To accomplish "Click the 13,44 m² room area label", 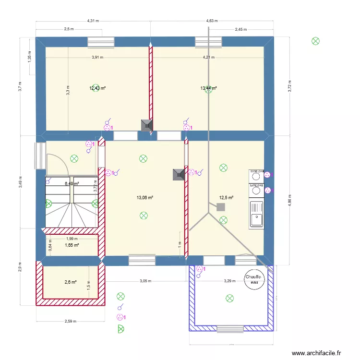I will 208,88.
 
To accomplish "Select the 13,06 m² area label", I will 145,197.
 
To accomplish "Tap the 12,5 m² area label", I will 226,197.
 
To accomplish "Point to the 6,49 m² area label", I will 72,183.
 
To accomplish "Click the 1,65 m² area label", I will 72,245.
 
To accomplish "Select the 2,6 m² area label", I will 71,282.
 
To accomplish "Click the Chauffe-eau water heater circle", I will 253,280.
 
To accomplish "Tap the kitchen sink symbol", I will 257,214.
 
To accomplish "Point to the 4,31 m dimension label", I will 93,21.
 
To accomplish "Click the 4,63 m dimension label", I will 212,21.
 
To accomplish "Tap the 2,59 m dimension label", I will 70,322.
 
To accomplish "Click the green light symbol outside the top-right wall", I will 315,41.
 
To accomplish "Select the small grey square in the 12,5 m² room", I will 221,207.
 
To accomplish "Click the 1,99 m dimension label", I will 72,239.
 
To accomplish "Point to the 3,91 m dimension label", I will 97,58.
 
